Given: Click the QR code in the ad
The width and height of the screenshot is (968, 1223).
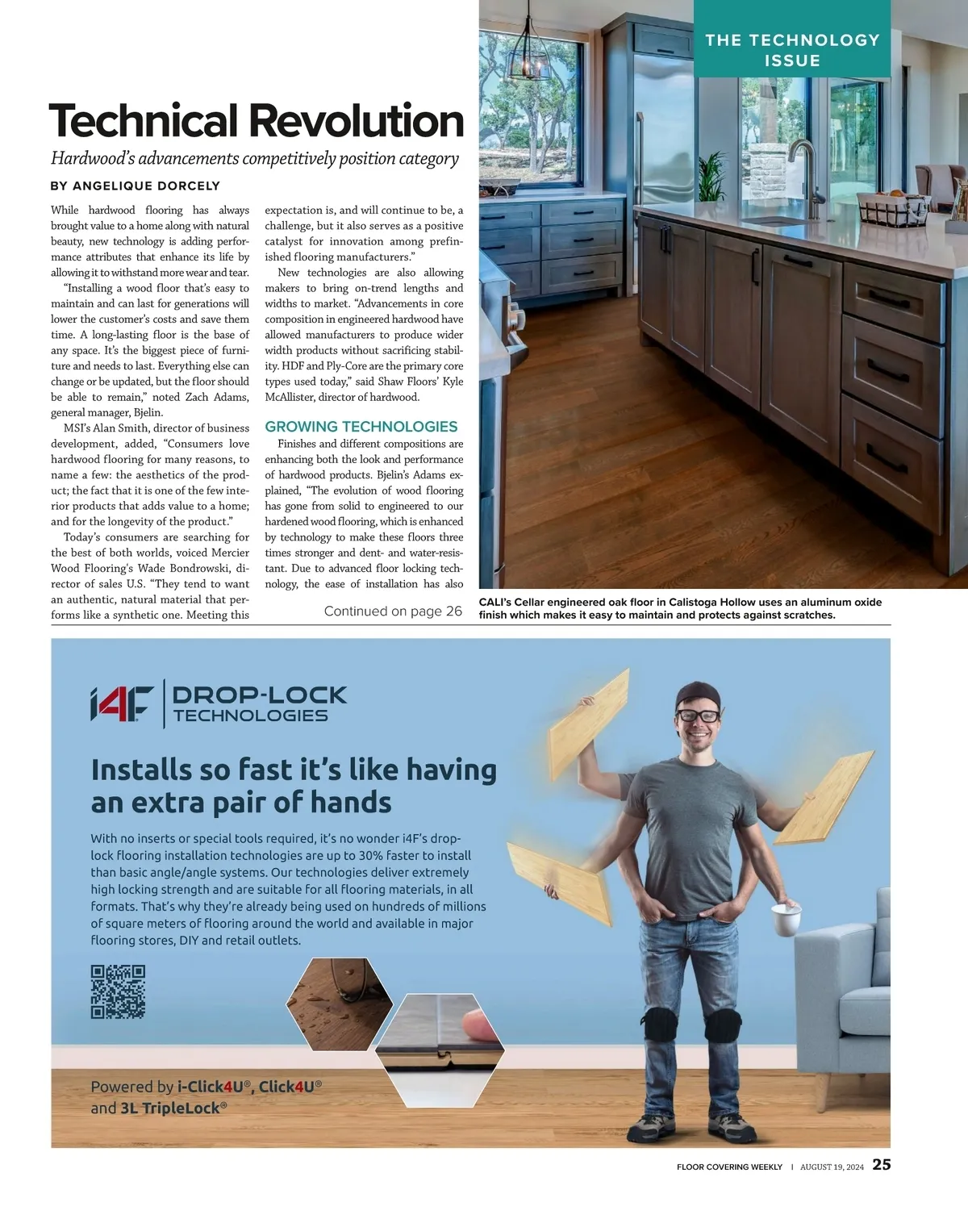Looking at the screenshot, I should point(118,991).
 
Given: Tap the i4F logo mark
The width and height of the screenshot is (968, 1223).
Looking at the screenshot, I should point(122,703).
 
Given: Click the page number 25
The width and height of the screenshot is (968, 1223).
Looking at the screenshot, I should point(882,1164).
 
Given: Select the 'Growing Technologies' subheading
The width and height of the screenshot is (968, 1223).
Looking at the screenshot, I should point(361,427).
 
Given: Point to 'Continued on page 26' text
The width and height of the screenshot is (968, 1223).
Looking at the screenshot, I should point(393,611).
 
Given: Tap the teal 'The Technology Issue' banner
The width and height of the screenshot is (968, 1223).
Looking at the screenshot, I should point(792,49).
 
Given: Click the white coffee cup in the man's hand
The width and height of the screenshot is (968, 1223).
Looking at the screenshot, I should point(786,919).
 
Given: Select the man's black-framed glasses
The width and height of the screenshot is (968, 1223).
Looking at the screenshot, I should point(699,715).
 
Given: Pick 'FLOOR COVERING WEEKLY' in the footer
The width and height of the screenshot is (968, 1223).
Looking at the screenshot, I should point(729,1167).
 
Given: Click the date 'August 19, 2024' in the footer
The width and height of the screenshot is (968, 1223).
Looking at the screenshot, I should point(832,1167).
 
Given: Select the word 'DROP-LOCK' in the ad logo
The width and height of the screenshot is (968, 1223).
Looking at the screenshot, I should point(259,695).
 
